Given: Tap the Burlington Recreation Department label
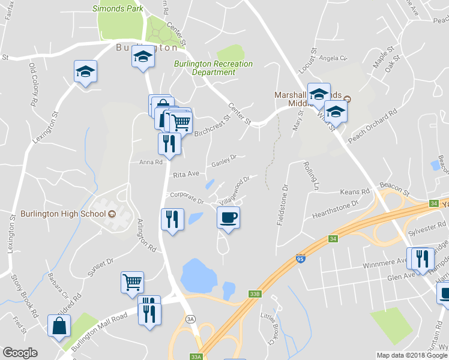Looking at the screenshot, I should (214, 68).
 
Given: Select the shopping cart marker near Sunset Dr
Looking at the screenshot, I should (132, 281).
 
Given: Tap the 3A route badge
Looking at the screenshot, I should (190, 318).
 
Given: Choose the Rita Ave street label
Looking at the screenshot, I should (185, 175).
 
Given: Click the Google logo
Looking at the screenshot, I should (20, 353).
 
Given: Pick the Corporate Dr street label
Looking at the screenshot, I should (187, 196).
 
